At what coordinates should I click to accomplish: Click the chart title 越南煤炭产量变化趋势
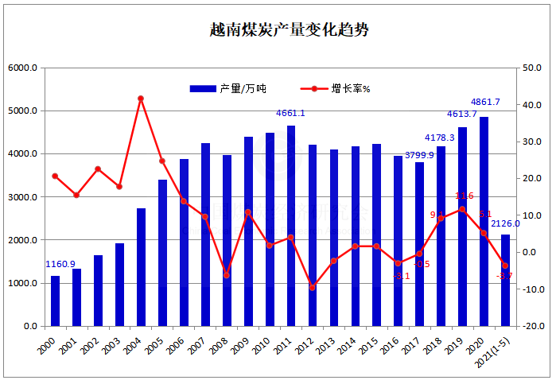(278, 30)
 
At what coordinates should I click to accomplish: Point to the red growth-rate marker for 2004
(141, 99)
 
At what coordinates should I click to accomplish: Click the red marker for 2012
(313, 287)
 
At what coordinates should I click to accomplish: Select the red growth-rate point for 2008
(227, 275)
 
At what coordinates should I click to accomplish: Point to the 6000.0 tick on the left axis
(22, 68)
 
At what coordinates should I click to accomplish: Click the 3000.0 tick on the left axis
(22, 197)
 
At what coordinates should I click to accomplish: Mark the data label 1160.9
(60, 264)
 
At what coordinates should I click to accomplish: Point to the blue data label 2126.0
(505, 224)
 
